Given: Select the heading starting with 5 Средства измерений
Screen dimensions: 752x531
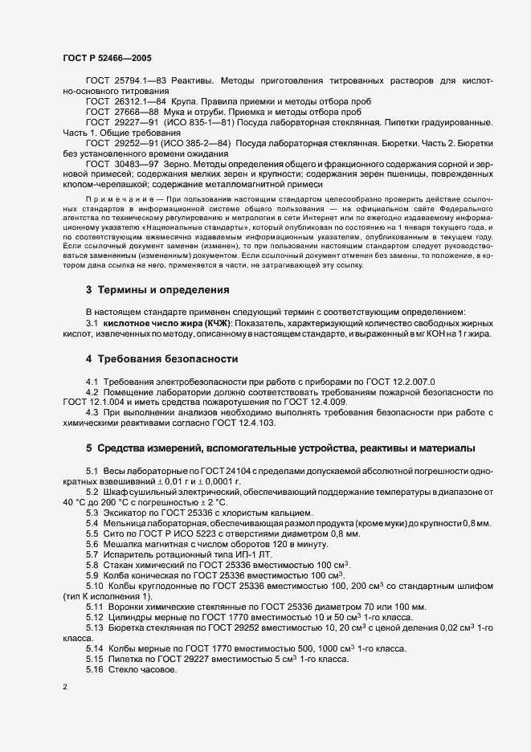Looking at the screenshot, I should pyautogui.click(x=280, y=447).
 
